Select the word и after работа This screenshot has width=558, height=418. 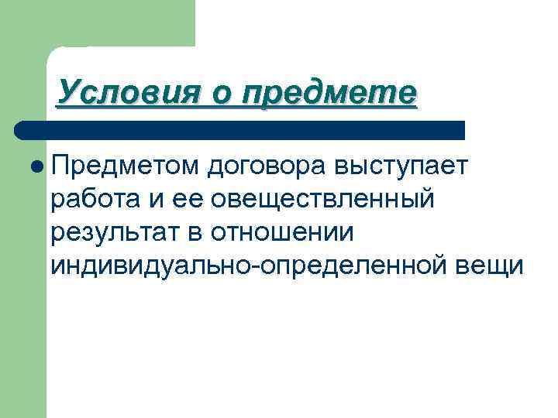pyautogui.click(x=158, y=200)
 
